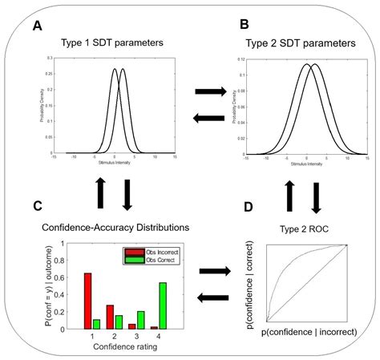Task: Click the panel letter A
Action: pyautogui.click(x=38, y=26)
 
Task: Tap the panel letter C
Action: pyautogui.click(x=37, y=207)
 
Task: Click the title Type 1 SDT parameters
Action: pyautogui.click(x=118, y=42)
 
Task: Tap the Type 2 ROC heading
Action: pyautogui.click(x=302, y=230)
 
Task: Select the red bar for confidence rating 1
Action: pyautogui.click(x=87, y=301)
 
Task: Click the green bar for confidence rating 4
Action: pyautogui.click(x=164, y=305)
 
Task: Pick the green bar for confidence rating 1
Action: pyautogui.click(x=96, y=323)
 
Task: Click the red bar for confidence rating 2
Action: pyautogui.click(x=109, y=317)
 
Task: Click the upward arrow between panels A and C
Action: pyautogui.click(x=100, y=192)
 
